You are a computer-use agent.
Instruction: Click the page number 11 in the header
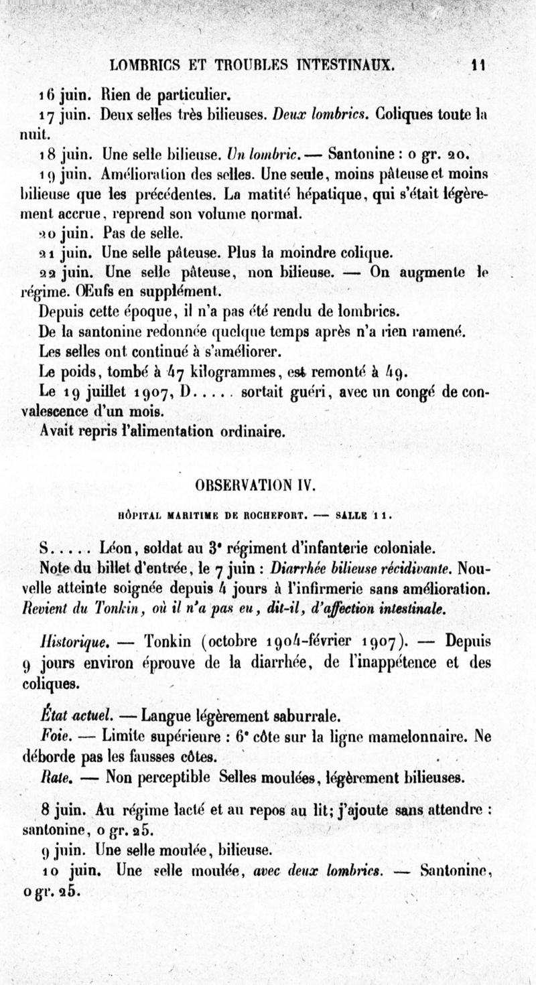(478, 65)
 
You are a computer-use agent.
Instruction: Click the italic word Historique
(68, 641)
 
